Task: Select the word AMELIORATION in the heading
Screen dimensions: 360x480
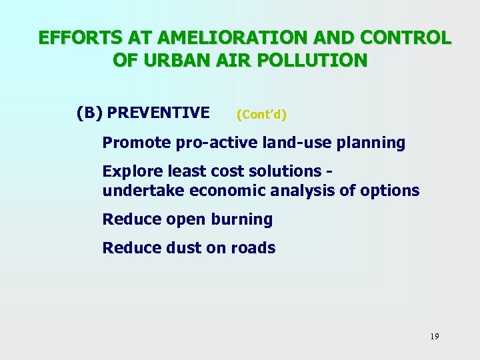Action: coord(217,37)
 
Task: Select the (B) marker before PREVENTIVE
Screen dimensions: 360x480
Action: coord(89,113)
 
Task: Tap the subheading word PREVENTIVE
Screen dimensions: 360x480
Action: coord(158,113)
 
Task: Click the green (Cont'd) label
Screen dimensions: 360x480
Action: coord(261,115)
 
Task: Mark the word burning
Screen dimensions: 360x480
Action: coord(242,219)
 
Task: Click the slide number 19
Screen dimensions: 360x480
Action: coord(434,337)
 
